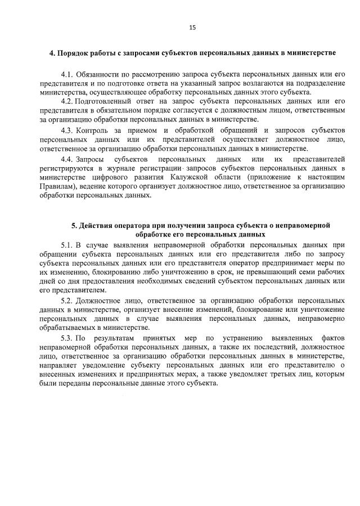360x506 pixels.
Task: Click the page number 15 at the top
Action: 192,27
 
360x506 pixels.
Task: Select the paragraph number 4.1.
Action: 68,75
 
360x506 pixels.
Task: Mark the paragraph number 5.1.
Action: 68,245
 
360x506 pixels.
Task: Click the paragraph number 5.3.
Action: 68,338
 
